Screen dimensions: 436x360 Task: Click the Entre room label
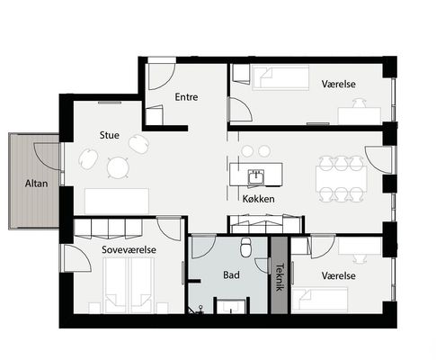click(186, 97)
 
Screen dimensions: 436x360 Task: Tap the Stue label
click(110, 135)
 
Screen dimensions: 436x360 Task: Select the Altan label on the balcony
click(36, 184)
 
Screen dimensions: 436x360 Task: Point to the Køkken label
click(258, 199)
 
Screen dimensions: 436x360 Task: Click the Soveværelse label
click(129, 249)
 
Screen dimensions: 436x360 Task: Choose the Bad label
click(231, 274)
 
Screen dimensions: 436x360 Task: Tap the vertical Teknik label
click(280, 277)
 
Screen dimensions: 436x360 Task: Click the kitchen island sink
click(256, 176)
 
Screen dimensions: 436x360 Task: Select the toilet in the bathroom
click(246, 247)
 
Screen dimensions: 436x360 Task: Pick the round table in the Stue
click(118, 167)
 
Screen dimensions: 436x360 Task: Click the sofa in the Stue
click(117, 201)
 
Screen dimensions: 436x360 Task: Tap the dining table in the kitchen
click(342, 179)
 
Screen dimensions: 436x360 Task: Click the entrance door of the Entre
click(162, 76)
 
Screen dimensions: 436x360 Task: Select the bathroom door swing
click(203, 247)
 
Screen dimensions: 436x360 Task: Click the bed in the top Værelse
click(280, 77)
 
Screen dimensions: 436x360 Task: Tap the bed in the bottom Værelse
click(319, 300)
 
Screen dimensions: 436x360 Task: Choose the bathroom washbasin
click(231, 306)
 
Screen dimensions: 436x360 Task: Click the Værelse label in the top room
click(339, 84)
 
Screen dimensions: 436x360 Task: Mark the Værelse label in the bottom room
click(339, 275)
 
